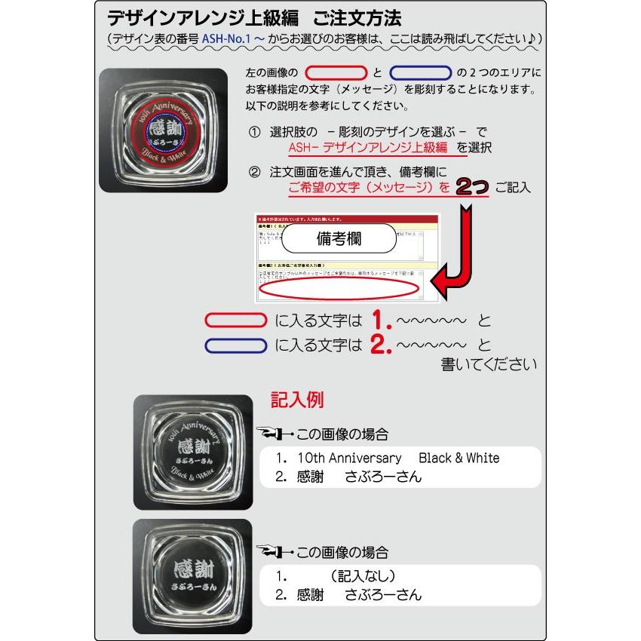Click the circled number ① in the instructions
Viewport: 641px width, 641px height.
click(x=255, y=132)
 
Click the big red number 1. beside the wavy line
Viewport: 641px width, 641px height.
click(x=382, y=321)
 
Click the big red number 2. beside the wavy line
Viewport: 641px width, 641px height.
click(x=382, y=346)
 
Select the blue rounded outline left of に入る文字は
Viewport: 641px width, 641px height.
click(x=236, y=346)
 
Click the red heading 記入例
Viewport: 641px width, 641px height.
click(x=298, y=400)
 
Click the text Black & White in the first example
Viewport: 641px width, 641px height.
click(x=459, y=458)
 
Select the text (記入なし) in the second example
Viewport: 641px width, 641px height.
click(x=362, y=576)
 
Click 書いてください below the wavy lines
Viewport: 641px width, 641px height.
click(x=489, y=365)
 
